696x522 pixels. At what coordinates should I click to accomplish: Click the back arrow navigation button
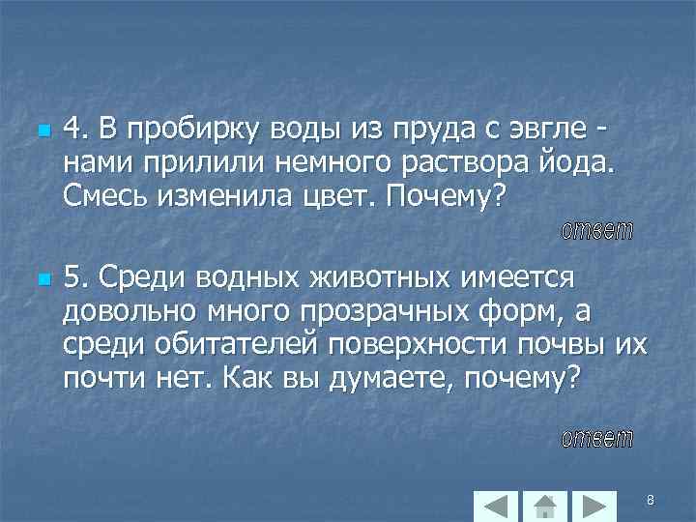[497, 506]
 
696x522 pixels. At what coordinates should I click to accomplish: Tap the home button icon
[545, 506]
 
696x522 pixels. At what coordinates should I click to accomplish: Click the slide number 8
[651, 500]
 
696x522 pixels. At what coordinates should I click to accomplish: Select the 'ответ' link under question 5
[597, 439]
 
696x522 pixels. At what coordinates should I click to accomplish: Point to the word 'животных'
[368, 277]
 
